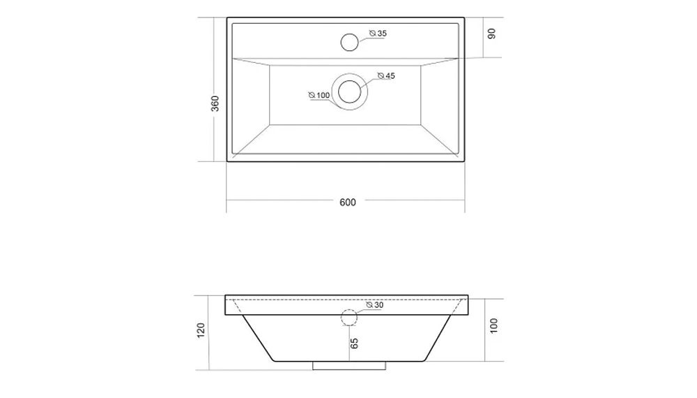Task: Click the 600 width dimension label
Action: (348, 202)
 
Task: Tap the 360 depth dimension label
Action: (215, 104)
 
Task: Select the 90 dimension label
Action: (491, 34)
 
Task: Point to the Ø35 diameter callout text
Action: (378, 34)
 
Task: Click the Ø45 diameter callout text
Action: (386, 75)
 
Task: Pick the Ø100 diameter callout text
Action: (319, 95)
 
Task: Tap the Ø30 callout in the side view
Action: (375, 305)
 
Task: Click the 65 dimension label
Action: (354, 344)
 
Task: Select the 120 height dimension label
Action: (201, 330)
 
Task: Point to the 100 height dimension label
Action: (494, 326)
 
